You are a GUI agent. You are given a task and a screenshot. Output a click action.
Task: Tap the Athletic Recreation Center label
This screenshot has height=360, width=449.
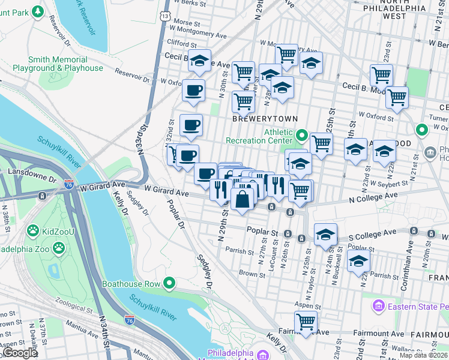259,136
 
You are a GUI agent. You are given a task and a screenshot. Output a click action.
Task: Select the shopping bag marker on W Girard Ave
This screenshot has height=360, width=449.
243,199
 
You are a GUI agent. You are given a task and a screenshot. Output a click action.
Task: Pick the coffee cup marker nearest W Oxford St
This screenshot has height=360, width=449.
193,91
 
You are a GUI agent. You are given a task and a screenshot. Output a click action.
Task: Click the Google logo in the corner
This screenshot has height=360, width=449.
20,353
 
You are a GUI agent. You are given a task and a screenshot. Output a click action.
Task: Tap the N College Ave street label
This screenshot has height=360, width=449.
370,196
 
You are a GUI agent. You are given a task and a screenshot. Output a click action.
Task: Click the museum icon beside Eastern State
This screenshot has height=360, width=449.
379,307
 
